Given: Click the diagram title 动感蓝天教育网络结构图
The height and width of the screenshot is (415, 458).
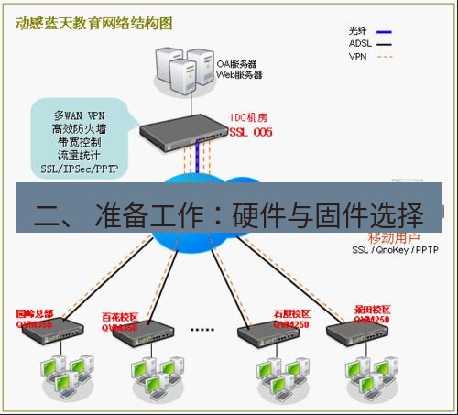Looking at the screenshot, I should tap(94, 23).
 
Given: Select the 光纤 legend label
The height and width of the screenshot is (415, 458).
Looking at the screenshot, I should tap(361, 29).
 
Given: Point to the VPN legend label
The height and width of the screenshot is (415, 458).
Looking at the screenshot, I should tap(359, 55).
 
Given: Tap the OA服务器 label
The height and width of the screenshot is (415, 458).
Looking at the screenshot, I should tap(235, 64).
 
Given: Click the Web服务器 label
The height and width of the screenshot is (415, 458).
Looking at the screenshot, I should tap(238, 75).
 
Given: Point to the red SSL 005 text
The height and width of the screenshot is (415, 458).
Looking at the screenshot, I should tap(251, 132).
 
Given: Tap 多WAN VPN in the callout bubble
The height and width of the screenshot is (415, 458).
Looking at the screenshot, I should tap(79, 116).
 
